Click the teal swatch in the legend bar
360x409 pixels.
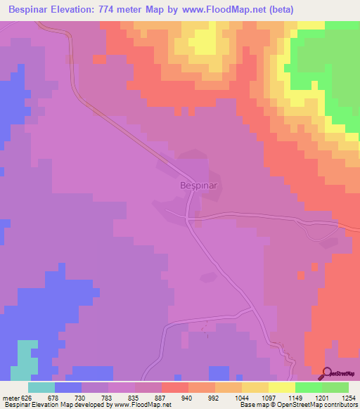[41, 387]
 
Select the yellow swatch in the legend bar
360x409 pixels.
[282, 387]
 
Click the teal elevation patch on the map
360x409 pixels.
[27, 359]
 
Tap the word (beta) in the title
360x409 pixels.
[277, 9]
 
